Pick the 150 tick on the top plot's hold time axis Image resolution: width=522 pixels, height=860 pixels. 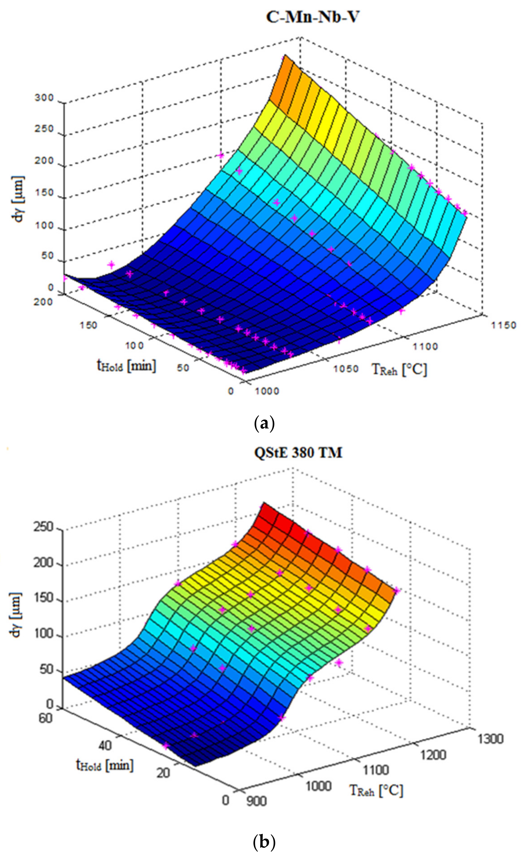coord(88,325)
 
